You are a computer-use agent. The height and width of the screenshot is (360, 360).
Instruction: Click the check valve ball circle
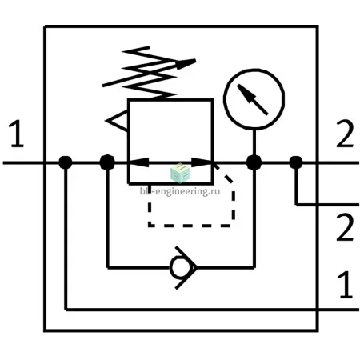pos(179,267)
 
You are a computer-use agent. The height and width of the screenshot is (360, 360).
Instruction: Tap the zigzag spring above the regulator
pos(150,73)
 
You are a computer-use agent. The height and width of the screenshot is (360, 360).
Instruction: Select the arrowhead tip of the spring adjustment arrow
pos(196,60)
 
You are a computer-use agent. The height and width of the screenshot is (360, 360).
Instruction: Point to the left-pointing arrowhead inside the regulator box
pos(138,162)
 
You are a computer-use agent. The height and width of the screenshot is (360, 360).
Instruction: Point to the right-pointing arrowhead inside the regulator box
pos(202,162)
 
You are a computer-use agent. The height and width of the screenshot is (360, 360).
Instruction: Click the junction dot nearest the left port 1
pos(66,162)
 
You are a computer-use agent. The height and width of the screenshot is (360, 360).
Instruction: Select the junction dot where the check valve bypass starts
pos(107,162)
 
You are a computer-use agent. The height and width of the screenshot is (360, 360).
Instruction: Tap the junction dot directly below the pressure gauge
pos(254,162)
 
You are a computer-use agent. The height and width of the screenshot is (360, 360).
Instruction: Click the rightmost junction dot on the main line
pos(296,162)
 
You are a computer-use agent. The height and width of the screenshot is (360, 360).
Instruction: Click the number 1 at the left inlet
pos(17,134)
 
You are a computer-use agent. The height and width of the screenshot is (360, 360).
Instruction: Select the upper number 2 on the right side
pos(345,134)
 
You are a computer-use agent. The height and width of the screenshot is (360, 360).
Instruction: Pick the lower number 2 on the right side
pos(345,227)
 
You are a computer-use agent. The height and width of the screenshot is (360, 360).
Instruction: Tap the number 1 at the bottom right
pos(346,284)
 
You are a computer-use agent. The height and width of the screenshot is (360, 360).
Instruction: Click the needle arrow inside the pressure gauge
pos(252,99)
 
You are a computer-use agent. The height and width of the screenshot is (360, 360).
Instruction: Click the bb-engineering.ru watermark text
pos(180,191)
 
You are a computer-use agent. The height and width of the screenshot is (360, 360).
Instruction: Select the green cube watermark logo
pos(180,174)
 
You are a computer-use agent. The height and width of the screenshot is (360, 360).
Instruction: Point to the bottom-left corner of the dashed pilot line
pos(150,226)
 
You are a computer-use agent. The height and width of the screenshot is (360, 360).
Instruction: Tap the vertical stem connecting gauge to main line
pos(254,142)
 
